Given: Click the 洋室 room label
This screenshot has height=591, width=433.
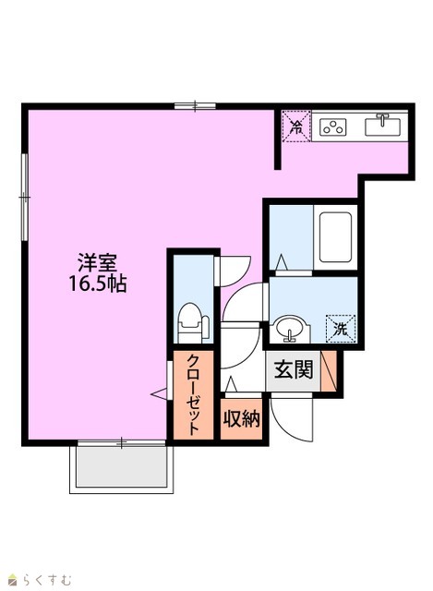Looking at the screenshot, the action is coord(97,262).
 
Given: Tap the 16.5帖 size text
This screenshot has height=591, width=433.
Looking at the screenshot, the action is coord(97,283).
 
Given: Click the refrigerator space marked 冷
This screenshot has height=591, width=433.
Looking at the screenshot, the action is coord(296,127).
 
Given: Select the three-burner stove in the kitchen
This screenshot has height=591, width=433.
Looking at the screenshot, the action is coord(332,127).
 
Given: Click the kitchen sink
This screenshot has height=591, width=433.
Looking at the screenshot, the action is coord(381,125).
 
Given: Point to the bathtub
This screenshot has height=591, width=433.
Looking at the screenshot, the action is coord(335,237).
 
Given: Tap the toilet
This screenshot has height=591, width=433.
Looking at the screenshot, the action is coord(193,322).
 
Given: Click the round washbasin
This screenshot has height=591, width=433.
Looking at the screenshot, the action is coord(289,329).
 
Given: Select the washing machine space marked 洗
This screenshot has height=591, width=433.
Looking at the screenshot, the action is coord(341,329).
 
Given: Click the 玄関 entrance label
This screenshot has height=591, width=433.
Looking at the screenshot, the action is coord(294,369).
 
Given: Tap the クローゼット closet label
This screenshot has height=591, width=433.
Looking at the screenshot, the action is coord(193,394).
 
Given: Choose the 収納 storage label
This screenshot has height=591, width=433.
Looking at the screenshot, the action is coord(242,418).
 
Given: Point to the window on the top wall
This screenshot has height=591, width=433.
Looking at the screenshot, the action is coord(195,106).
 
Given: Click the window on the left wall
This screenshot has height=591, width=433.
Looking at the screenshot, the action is coord(25,197).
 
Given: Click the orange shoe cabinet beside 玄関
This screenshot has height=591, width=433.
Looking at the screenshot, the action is coord(329,371).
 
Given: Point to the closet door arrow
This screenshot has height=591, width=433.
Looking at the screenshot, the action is coord(158,394).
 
